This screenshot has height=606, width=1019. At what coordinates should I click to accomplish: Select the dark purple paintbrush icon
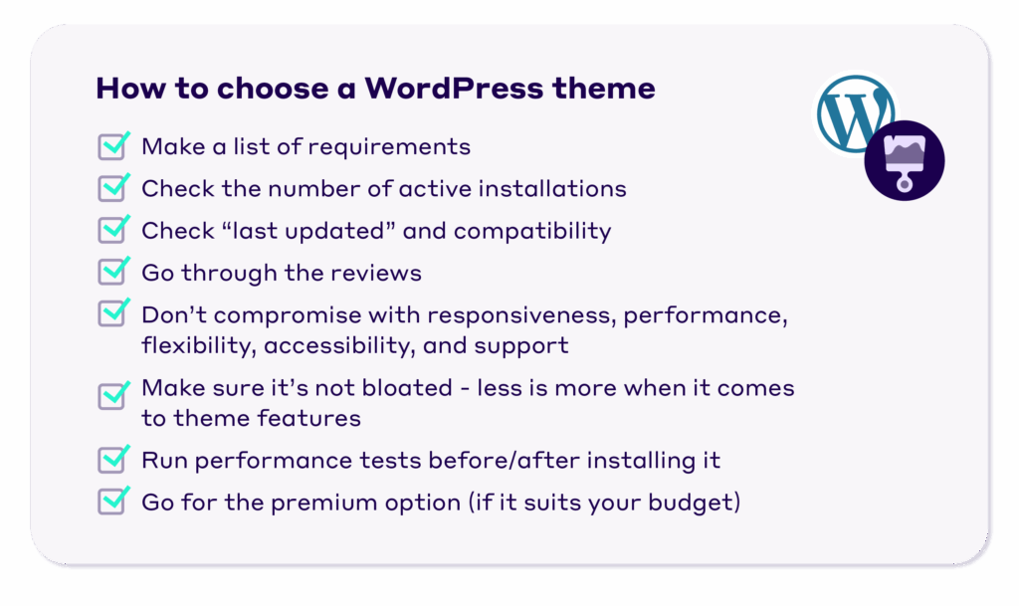[x=905, y=161]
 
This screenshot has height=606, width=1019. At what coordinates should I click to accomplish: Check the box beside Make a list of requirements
[x=112, y=147]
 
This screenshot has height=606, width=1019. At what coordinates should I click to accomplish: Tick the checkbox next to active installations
[x=112, y=189]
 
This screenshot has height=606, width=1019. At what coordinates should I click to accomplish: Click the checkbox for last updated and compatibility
[x=112, y=231]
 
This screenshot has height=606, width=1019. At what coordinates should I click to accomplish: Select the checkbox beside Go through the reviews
[x=112, y=273]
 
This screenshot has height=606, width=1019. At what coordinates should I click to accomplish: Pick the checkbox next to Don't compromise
[x=112, y=314]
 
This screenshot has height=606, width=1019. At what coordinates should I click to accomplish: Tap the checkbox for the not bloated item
[x=112, y=396]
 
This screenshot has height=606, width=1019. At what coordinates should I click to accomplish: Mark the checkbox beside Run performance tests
[x=112, y=461]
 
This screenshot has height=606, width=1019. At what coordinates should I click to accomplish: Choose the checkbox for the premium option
[x=112, y=502]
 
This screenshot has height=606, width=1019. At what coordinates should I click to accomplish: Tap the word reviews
[x=382, y=273]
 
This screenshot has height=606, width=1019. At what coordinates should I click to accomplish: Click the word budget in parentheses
[x=696, y=503]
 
